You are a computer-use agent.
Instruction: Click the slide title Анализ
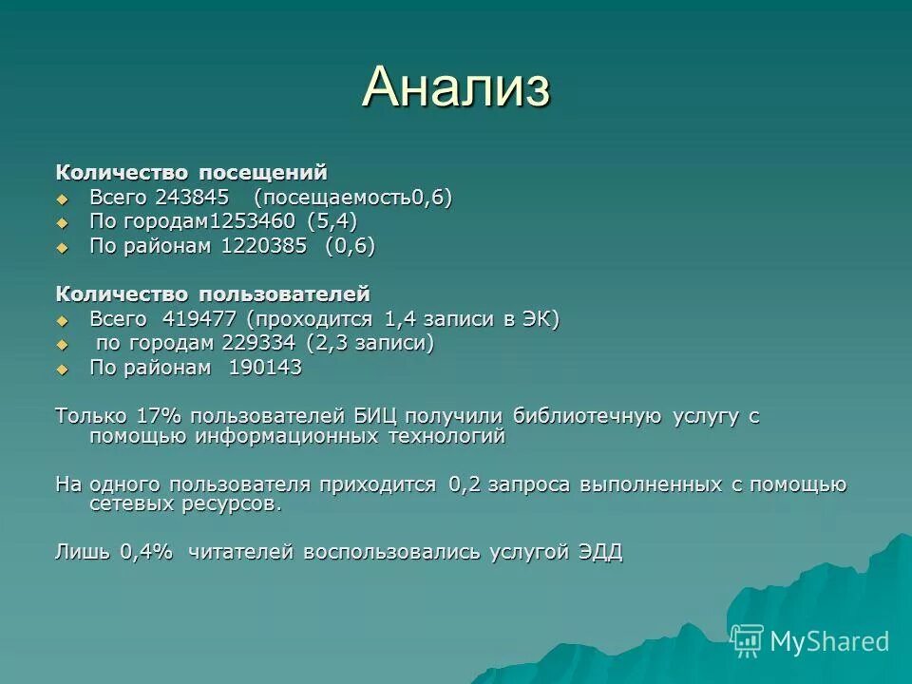tap(456, 87)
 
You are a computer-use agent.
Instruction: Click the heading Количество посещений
tap(191, 173)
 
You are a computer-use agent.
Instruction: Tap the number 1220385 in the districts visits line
tap(264, 246)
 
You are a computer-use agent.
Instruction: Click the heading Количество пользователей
tap(212, 294)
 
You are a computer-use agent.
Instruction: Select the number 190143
tap(265, 368)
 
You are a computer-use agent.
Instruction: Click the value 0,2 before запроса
tap(465, 484)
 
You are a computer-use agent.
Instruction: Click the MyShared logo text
tap(828, 641)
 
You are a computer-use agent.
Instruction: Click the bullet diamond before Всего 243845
tap(63, 199)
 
